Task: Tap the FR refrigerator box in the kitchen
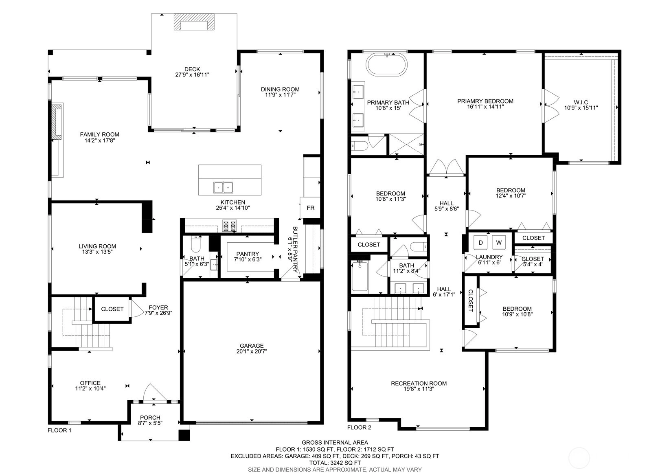pyautogui.click(x=310, y=208)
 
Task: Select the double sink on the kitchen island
pyautogui.click(x=223, y=188)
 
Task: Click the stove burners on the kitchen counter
pyautogui.click(x=230, y=226)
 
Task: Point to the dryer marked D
pyautogui.click(x=481, y=242)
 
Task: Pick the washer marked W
pyautogui.click(x=499, y=242)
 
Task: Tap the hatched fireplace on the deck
pyautogui.click(x=194, y=22)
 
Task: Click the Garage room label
pyautogui.click(x=252, y=346)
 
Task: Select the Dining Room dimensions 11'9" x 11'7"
pyautogui.click(x=281, y=95)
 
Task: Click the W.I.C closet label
pyautogui.click(x=581, y=102)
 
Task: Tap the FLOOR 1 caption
pyautogui.click(x=59, y=430)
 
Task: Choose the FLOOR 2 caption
pyautogui.click(x=359, y=427)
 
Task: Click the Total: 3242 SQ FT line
pyautogui.click(x=335, y=463)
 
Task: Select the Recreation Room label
pyautogui.click(x=419, y=383)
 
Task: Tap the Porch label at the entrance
pyautogui.click(x=150, y=417)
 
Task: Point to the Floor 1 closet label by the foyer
pyautogui.click(x=112, y=309)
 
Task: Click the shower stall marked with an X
pyautogui.click(x=406, y=145)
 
